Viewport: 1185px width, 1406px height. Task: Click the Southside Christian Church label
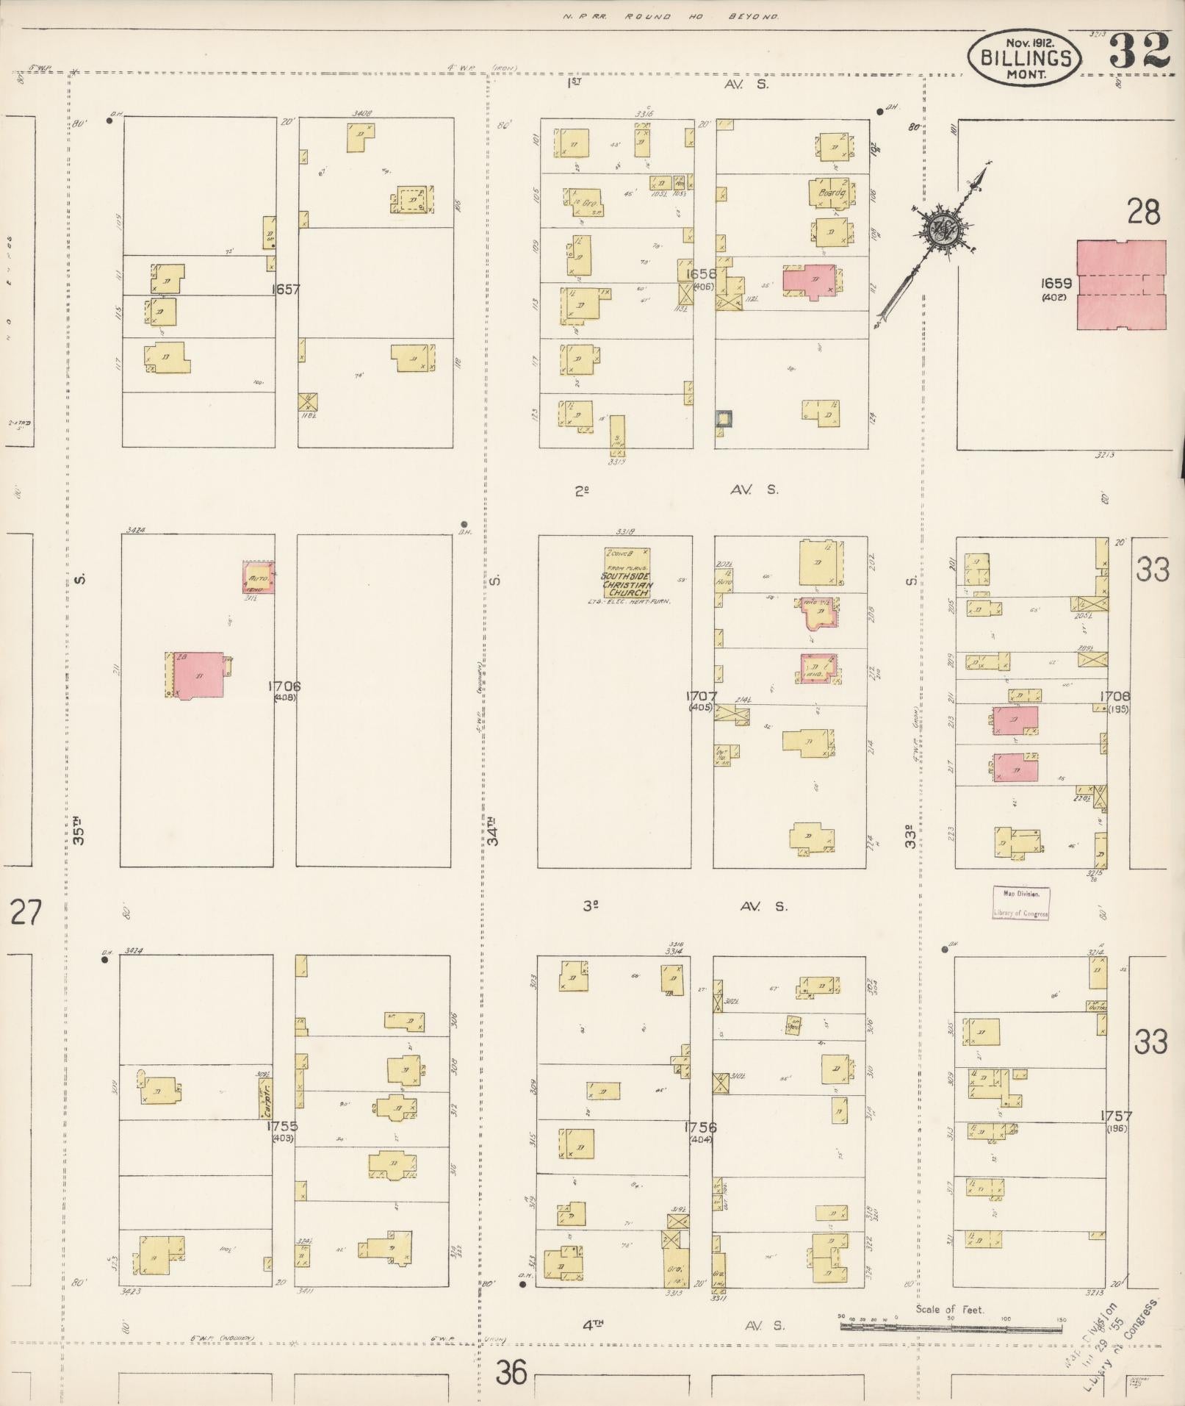coord(626,584)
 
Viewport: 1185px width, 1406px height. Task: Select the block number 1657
coord(285,290)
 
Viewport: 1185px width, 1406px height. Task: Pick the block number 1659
coord(1056,283)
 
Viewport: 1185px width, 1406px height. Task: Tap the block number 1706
coord(285,686)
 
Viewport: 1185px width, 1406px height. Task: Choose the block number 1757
coord(1116,1116)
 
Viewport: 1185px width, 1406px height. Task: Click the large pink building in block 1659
coord(1121,284)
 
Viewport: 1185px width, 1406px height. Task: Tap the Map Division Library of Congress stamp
coord(1020,903)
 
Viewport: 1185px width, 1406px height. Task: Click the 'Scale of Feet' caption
coord(949,1309)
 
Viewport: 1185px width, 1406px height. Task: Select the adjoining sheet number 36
coord(511,1371)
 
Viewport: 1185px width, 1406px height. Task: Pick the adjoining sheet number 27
coord(26,913)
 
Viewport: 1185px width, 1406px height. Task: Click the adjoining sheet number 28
coord(1144,212)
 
